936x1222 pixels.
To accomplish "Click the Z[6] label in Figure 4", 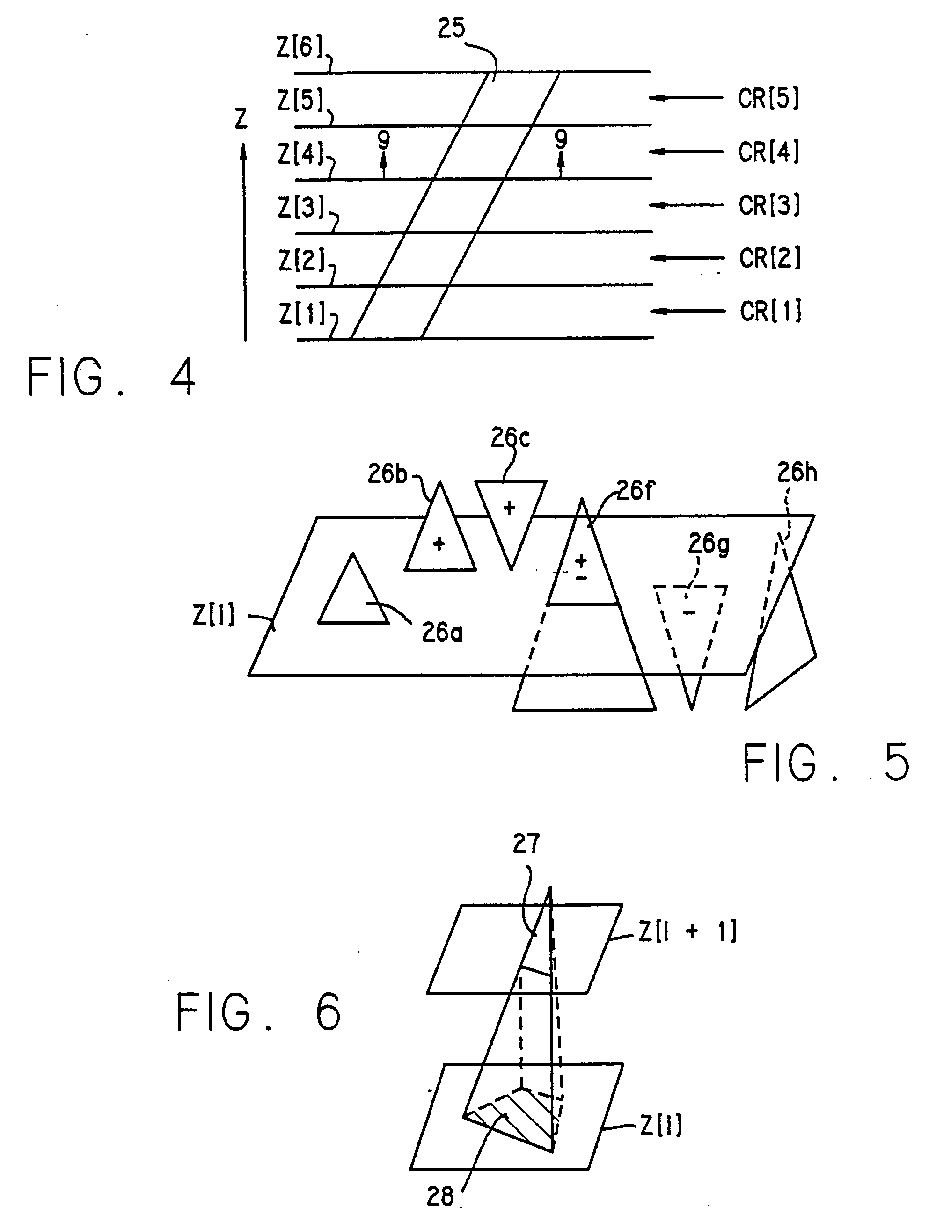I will pos(300,48).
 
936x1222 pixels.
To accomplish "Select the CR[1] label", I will pos(770,311).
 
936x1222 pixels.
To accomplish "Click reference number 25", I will pos(451,28).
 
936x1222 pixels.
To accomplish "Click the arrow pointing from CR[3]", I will pos(687,205).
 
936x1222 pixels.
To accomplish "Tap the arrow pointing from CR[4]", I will pos(687,152).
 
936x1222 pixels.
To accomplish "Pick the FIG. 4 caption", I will pos(110,377).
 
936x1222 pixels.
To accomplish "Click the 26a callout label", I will pos(442,633).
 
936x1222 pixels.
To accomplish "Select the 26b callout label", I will pos(387,474).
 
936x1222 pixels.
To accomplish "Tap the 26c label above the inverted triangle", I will pos(510,438).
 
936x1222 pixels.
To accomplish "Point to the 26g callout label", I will pos(708,544).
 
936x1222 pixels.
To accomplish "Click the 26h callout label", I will pos(797,473).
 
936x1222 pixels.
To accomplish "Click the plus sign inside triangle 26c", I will pos(509,508).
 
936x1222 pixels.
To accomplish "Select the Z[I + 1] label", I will pos(687,930).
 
